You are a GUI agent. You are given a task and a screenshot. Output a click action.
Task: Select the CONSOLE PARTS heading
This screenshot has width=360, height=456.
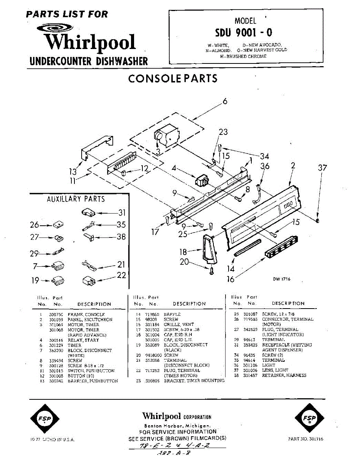tap(173, 78)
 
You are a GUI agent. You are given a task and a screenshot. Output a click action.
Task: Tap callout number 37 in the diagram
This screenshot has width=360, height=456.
tap(322, 168)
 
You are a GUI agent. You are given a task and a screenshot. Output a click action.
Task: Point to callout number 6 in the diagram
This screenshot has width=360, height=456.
tap(225, 101)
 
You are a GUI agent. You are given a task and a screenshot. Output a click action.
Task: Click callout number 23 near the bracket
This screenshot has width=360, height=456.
tap(223, 132)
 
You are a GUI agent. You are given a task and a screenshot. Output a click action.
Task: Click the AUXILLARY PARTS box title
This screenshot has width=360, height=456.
tap(76, 199)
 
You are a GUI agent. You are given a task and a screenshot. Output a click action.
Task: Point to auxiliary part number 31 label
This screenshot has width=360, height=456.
tap(122, 213)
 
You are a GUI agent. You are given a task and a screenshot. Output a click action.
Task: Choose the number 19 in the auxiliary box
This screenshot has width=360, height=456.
tap(35, 280)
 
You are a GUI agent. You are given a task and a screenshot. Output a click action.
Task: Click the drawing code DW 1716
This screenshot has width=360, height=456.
tap(281, 279)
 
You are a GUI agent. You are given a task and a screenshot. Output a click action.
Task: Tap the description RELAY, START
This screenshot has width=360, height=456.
tap(83, 340)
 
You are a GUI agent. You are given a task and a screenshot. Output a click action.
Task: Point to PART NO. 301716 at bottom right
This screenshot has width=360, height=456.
tap(306, 439)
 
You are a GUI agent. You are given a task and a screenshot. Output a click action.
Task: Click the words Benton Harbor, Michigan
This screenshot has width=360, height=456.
tap(177, 426)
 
